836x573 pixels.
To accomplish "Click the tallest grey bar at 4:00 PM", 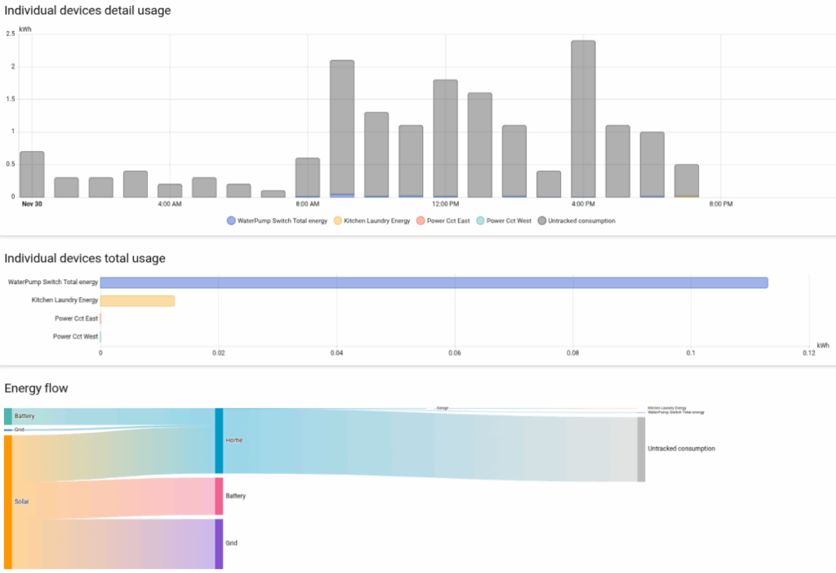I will tap(583, 118).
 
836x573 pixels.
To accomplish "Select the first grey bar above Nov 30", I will tap(32, 174).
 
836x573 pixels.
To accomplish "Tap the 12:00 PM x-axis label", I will tap(445, 203).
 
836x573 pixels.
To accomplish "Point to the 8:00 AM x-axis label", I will tap(307, 203).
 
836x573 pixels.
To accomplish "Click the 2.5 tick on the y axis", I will tap(10, 33).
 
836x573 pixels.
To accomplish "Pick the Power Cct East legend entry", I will tap(446, 220).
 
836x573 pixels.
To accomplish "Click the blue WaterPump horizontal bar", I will tap(434, 282).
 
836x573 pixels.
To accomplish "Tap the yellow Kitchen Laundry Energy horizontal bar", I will tap(137, 300).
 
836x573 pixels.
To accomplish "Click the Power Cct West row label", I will tap(75, 336).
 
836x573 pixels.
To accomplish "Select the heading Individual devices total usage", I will tap(85, 258).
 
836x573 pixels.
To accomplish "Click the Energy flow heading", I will tap(36, 388).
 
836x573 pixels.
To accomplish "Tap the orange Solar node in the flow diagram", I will tap(8, 501).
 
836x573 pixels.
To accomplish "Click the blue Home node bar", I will tap(219, 441).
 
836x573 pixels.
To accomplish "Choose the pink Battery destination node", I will tap(219, 495).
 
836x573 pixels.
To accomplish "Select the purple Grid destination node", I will tap(219, 543).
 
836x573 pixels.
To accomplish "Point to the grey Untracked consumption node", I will tap(641, 449).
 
